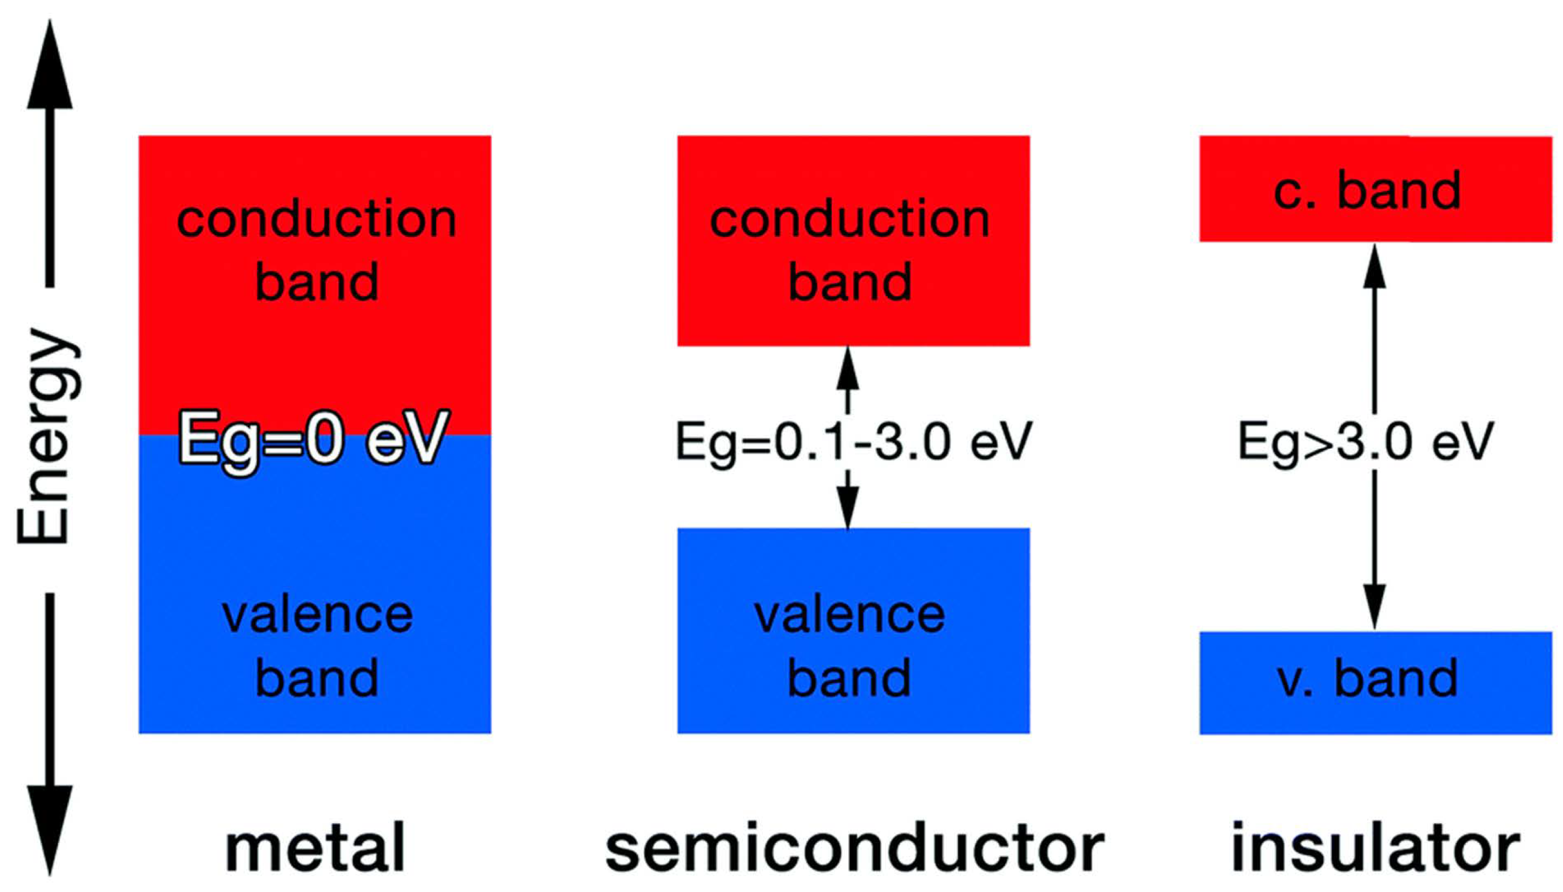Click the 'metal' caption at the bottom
[x=315, y=848]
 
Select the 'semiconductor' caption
[x=854, y=848]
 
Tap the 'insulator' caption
[x=1375, y=848]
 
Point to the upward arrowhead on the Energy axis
[x=50, y=67]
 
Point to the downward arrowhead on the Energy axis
[x=50, y=827]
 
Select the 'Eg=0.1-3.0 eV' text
[x=853, y=441]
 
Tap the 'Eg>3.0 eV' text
[x=1365, y=441]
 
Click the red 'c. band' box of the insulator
[x=1375, y=188]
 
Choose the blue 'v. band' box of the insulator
[x=1375, y=683]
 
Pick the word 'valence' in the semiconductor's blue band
[x=849, y=615]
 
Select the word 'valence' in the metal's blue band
[x=317, y=615]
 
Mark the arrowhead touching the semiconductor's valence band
[x=848, y=508]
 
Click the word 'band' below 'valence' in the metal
[x=316, y=679]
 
